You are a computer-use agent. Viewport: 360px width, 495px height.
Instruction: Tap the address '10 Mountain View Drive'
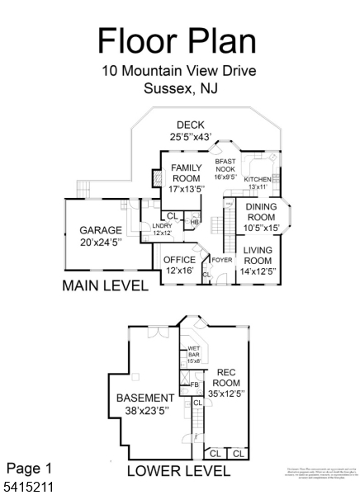pyautogui.click(x=179, y=71)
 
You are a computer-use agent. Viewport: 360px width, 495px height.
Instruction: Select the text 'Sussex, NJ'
pyautogui.click(x=179, y=89)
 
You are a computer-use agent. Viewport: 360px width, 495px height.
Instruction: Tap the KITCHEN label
pyautogui.click(x=257, y=179)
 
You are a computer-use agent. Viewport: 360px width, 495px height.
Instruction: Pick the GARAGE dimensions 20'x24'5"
pyautogui.click(x=100, y=243)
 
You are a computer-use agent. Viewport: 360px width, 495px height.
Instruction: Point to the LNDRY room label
pyautogui.click(x=161, y=226)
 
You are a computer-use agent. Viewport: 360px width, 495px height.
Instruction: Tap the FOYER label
pyautogui.click(x=222, y=260)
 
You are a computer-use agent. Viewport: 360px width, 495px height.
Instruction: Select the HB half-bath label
pyautogui.click(x=194, y=221)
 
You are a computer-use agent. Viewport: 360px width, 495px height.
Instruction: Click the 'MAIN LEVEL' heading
pyautogui.click(x=106, y=286)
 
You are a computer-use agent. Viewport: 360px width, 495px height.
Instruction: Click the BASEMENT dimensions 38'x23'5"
pyautogui.click(x=145, y=411)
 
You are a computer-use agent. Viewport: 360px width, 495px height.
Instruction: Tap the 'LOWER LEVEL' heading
pyautogui.click(x=178, y=471)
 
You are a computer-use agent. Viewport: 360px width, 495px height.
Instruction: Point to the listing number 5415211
pyautogui.click(x=29, y=487)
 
